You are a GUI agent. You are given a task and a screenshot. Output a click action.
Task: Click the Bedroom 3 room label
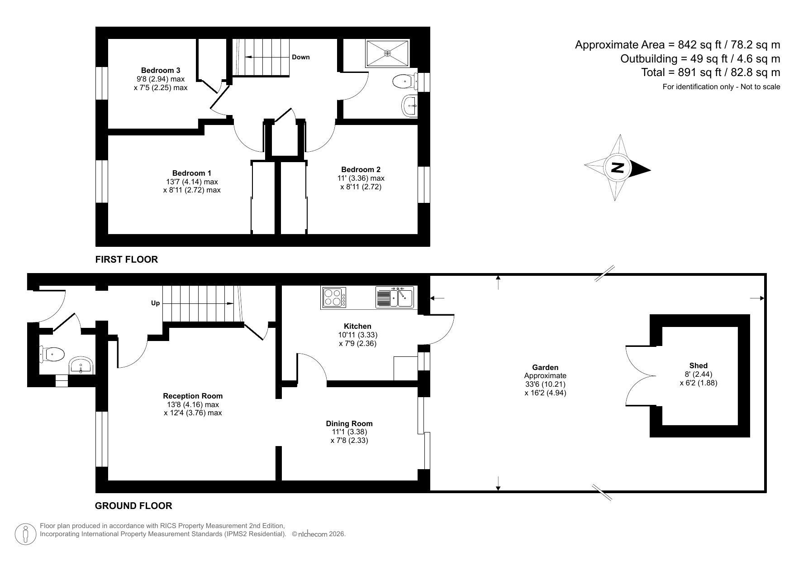[161, 70]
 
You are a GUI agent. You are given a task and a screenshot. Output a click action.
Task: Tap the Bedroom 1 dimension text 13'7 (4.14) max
[192, 182]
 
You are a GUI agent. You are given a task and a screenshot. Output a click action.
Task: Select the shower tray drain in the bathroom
[387, 53]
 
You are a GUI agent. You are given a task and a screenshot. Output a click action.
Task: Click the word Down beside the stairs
[301, 57]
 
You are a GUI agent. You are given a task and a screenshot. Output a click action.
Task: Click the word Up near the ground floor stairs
[155, 303]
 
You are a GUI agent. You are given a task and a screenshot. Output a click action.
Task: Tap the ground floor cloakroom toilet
[52, 354]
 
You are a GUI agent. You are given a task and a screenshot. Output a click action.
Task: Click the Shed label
[698, 365]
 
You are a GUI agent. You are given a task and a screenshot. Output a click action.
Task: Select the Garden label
[545, 367]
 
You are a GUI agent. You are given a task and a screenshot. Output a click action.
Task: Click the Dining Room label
[349, 423]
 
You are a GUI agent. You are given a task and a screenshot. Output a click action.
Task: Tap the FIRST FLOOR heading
[126, 259]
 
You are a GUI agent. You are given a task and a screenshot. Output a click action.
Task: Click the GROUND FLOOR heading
[133, 506]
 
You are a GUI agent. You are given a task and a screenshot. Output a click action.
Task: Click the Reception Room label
[193, 396]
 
